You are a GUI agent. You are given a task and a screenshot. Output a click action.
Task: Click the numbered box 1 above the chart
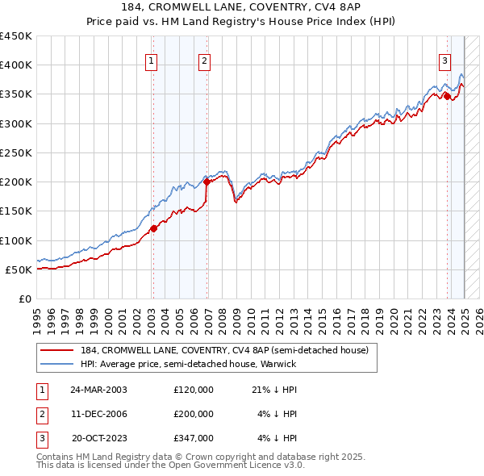tap(152, 60)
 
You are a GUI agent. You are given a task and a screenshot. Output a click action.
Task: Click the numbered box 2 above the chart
tap(205, 60)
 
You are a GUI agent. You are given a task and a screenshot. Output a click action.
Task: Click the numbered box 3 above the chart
tap(444, 60)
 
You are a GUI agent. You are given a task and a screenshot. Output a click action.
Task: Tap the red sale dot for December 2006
tap(207, 182)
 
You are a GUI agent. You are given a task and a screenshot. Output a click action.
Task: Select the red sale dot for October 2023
tap(447, 96)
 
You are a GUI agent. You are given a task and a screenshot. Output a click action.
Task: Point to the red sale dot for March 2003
tap(153, 228)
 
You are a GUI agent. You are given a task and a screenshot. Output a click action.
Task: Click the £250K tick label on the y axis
tap(16, 152)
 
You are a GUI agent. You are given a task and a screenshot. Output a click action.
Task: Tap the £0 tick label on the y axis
tap(25, 299)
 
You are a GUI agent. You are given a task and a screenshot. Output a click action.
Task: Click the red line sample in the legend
tap(57, 350)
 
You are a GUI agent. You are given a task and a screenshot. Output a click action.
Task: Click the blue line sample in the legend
tap(57, 364)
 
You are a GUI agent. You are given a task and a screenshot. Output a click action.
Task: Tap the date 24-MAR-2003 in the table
tap(98, 390)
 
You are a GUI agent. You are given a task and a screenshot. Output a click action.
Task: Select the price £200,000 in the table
tap(194, 414)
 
